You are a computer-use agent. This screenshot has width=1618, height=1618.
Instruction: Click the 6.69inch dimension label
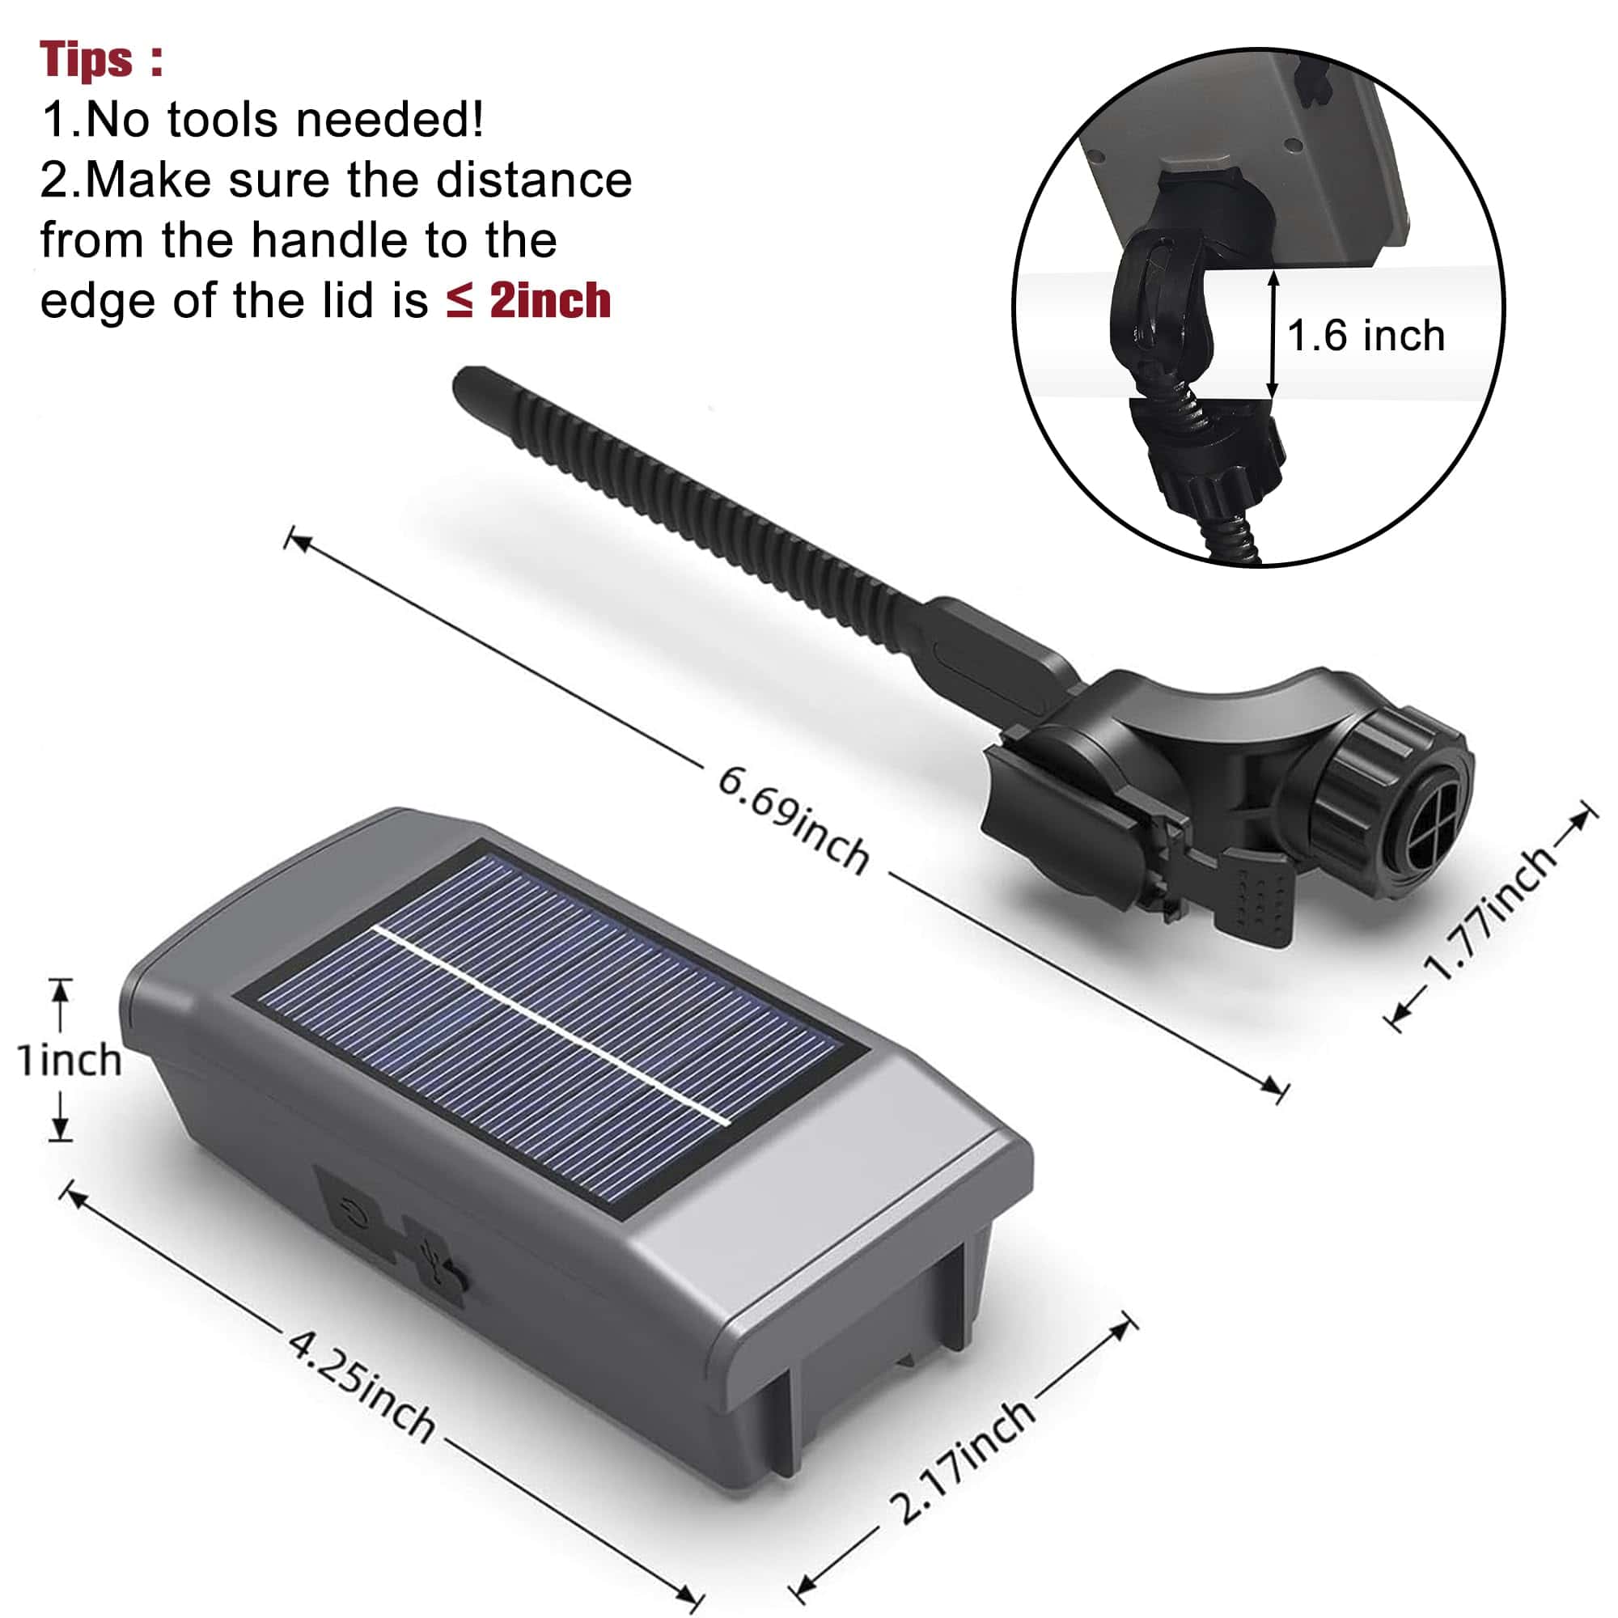[793, 820]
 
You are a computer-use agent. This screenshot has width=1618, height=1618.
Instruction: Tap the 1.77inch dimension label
[1489, 911]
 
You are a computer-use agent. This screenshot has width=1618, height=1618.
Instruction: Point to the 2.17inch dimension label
[962, 1460]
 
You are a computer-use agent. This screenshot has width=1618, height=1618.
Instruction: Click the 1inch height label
[70, 1061]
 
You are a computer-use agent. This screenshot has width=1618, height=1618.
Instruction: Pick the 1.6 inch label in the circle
[1366, 336]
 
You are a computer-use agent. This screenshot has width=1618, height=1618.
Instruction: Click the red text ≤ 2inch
[528, 301]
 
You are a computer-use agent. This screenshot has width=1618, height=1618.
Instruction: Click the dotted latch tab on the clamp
[1256, 901]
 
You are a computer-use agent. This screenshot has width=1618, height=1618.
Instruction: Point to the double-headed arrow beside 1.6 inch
[1272, 334]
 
